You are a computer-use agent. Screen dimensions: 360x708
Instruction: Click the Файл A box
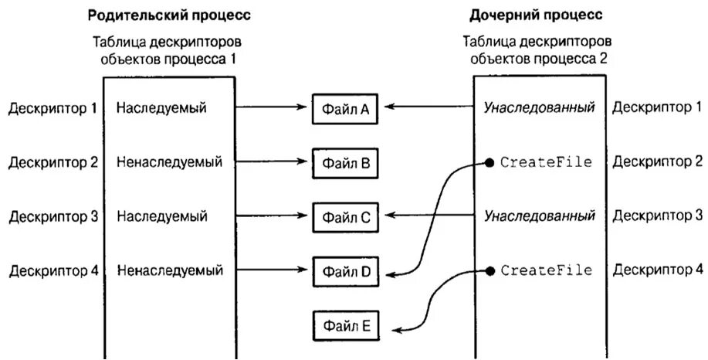345,109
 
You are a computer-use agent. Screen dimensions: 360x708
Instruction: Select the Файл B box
345,163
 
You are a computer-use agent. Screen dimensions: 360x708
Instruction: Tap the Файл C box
345,217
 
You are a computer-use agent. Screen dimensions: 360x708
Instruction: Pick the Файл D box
345,271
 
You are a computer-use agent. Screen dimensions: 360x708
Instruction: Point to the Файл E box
345,325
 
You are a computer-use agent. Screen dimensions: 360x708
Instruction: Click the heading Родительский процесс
168,15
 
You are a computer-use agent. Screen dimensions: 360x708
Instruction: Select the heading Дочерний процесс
536,15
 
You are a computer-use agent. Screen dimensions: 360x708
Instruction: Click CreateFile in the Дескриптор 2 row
546,162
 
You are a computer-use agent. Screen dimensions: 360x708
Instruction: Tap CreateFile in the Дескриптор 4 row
546,270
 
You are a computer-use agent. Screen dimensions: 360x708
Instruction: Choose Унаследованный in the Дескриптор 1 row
539,108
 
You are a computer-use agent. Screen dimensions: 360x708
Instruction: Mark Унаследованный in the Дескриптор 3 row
539,216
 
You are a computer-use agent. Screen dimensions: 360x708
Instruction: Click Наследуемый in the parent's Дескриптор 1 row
161,108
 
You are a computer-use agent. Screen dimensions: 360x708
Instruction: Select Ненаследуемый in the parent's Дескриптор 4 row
170,270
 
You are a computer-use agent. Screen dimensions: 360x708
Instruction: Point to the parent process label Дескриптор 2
53,162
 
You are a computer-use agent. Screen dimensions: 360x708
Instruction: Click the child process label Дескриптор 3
657,216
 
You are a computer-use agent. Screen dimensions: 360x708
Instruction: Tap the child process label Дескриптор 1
657,108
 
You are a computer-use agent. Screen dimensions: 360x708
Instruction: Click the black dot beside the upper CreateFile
489,162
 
